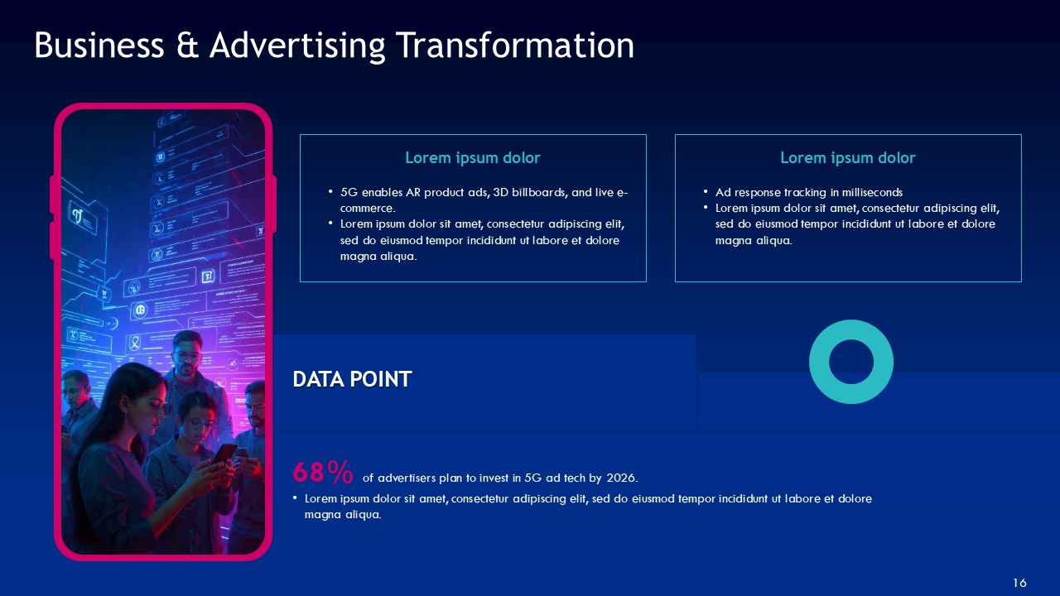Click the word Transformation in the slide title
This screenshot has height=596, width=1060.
pos(515,46)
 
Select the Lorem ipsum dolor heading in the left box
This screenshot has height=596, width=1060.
pos(472,157)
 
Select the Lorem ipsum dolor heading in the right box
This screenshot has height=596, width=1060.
pos(847,157)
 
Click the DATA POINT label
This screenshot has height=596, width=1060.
pos(352,379)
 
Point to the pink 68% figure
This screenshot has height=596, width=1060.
pos(322,473)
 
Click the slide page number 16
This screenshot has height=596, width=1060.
pos(1019,584)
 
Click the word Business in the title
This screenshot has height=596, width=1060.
pos(99,46)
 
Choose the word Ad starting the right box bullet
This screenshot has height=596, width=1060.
pos(722,192)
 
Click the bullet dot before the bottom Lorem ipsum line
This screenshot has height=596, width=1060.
pos(296,498)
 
